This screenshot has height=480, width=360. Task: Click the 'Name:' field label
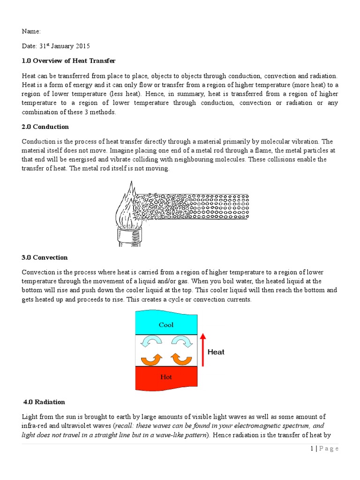pyautogui.click(x=31, y=31)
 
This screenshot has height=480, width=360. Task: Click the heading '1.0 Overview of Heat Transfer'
pyautogui.click(x=68, y=61)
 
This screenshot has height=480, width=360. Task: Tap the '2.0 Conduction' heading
pyautogui.click(x=45, y=127)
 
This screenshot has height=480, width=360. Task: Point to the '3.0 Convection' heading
pyautogui.click(x=45, y=257)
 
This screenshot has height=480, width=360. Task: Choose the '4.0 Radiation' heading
pyautogui.click(x=44, y=402)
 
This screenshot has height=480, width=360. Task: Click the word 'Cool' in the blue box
pyautogui.click(x=166, y=324)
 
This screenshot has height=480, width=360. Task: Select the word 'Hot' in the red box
pyautogui.click(x=166, y=377)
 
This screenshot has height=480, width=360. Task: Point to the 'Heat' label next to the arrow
pyautogui.click(x=216, y=352)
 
